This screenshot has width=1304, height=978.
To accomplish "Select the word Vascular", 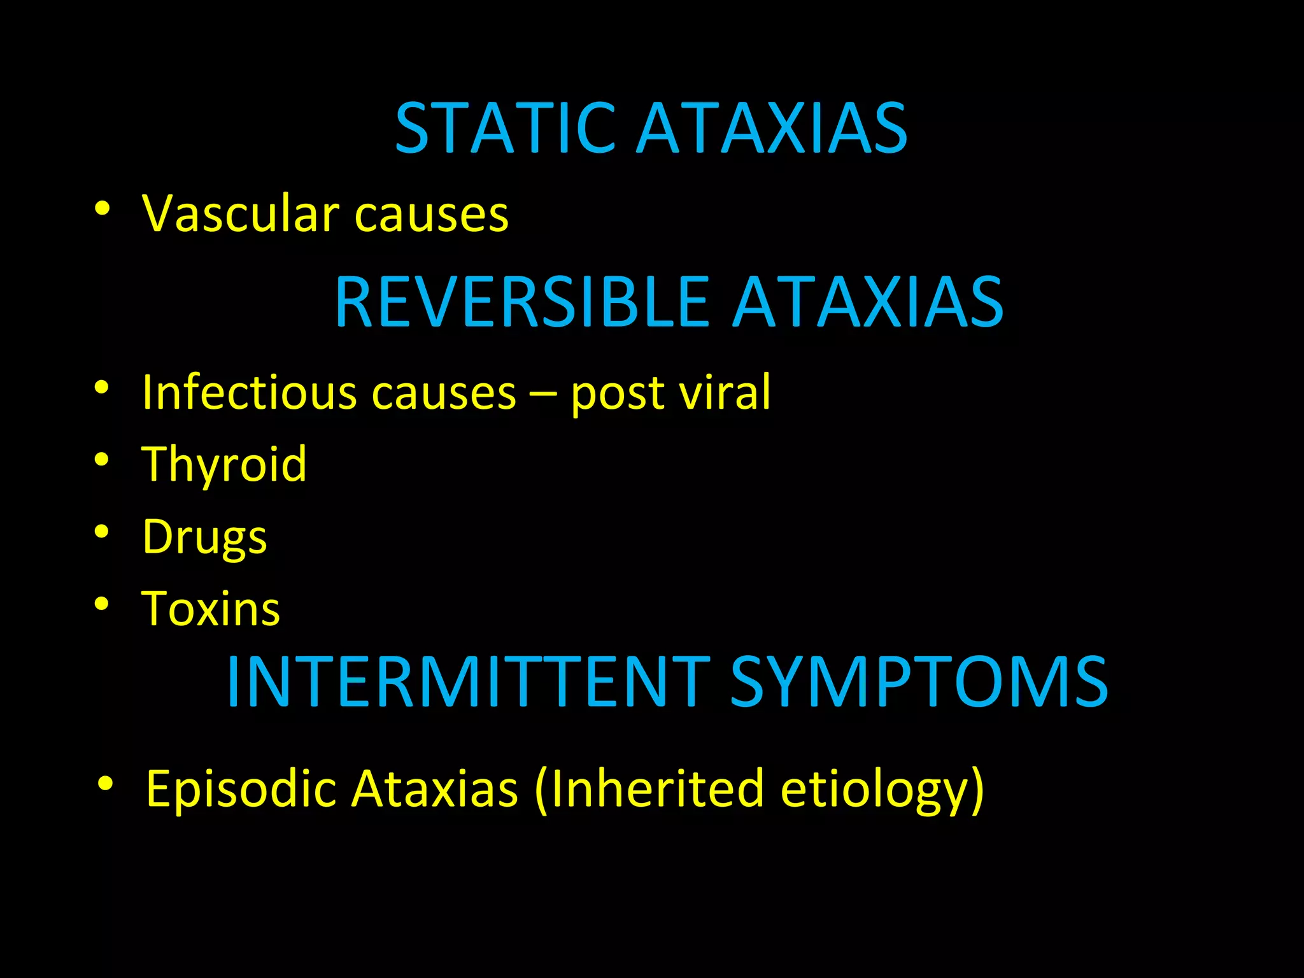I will coord(241,213).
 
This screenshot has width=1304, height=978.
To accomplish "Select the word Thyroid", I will coord(224,465).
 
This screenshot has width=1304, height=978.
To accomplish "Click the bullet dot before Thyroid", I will coord(103,459).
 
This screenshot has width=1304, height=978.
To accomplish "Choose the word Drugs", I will coord(204,537).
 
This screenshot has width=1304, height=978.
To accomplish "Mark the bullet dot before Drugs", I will coord(103,532).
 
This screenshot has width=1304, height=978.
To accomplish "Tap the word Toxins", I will coord(211,609).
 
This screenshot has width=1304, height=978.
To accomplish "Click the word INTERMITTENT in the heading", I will coord(468,682).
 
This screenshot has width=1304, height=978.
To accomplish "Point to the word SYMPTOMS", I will coord(919,682).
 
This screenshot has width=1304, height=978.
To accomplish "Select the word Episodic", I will coord(241,790).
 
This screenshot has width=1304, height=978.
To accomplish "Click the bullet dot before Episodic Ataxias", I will coord(106,783).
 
